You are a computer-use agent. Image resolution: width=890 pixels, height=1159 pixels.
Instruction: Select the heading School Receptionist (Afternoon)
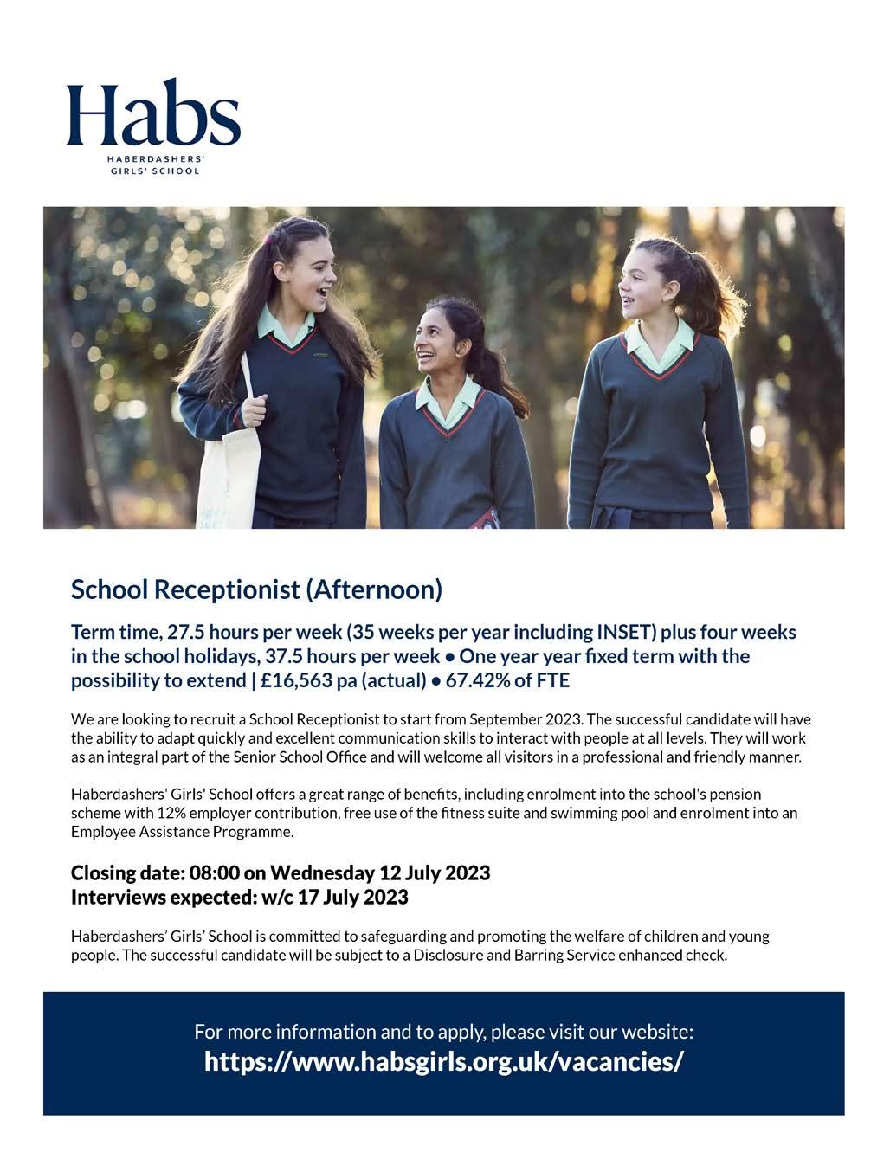tap(256, 589)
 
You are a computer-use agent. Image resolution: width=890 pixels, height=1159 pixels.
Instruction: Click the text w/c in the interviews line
tap(276, 897)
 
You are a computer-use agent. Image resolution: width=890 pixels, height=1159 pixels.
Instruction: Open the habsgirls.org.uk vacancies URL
tap(443, 1061)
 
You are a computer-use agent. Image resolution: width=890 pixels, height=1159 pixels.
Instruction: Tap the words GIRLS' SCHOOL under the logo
tap(152, 171)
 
